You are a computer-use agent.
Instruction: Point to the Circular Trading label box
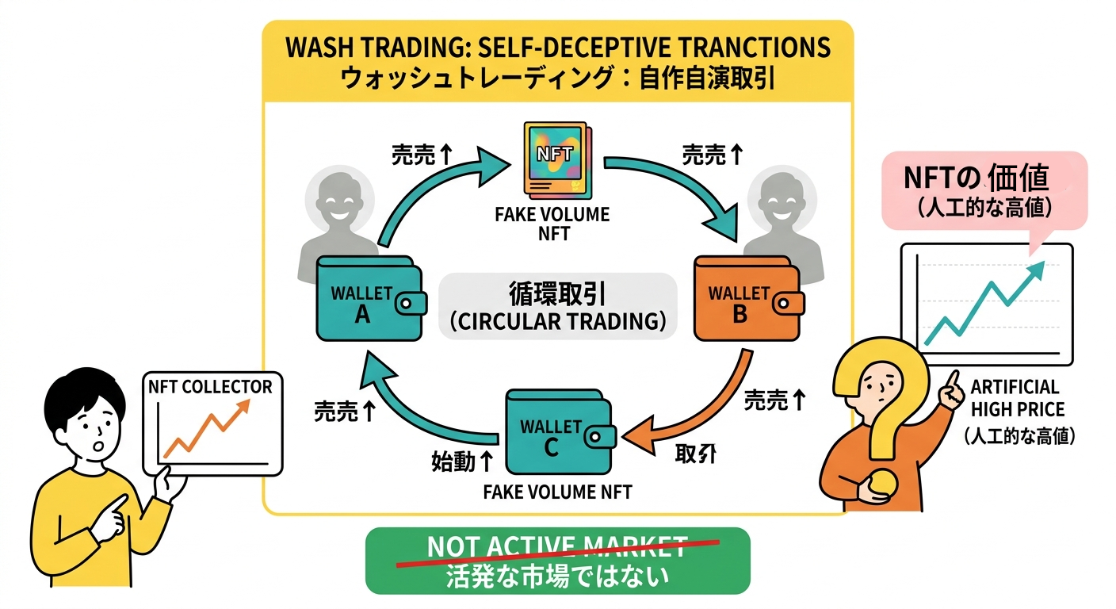(x=557, y=307)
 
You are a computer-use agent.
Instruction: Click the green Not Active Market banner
(x=556, y=560)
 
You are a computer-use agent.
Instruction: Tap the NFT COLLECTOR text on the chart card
(x=210, y=387)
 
